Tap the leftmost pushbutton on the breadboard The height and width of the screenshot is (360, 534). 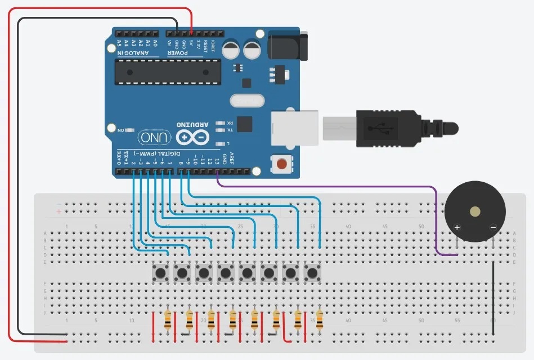point(161,273)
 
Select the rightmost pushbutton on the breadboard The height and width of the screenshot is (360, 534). point(312,273)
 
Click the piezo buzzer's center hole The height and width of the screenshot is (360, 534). point(475,211)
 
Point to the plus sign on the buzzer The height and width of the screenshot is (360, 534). point(457,228)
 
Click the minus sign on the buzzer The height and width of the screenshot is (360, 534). point(493,228)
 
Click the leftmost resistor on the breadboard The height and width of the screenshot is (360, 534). point(168,320)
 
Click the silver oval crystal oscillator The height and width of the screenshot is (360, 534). point(246,101)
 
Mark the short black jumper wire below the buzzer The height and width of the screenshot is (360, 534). point(493,298)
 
